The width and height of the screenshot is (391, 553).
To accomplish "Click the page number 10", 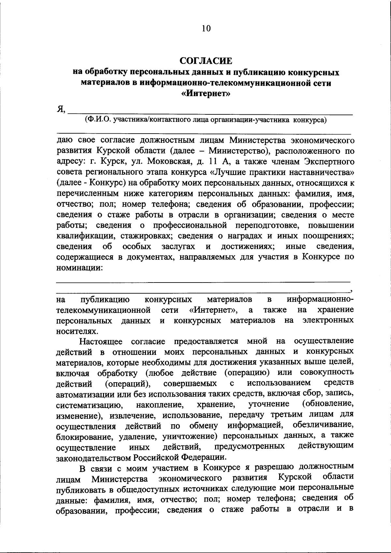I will click(206, 28).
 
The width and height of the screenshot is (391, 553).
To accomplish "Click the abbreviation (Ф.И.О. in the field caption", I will click(97, 120).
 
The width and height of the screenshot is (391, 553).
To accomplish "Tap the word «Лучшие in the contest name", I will click(228, 172).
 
